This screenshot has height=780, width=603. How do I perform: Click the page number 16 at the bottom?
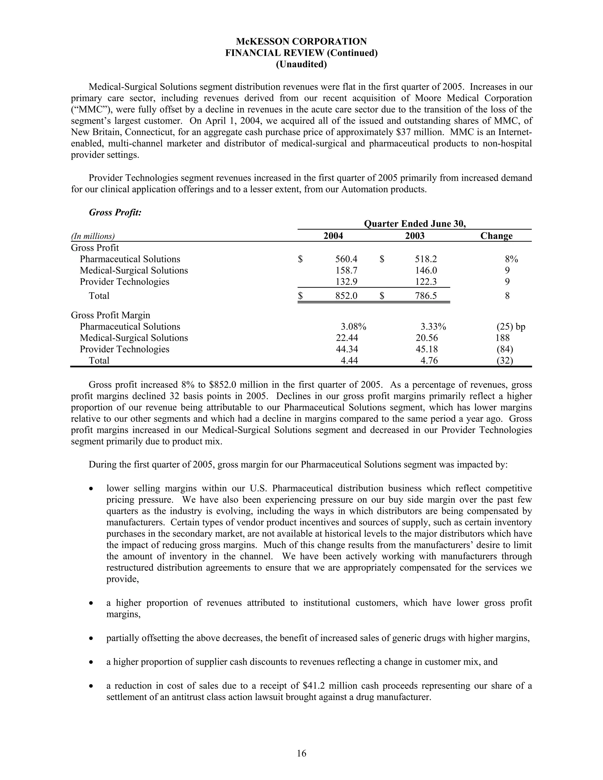301,753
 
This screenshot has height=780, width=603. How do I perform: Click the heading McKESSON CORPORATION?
301,42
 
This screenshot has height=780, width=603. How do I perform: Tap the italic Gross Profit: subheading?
115,213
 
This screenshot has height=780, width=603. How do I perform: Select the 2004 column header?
333,236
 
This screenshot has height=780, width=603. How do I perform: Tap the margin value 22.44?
347,338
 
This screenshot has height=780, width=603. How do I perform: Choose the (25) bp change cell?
511,327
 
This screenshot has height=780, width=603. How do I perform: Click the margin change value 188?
502,338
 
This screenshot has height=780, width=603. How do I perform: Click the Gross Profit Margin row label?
110,315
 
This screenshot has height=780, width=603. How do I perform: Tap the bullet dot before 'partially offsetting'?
92,638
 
